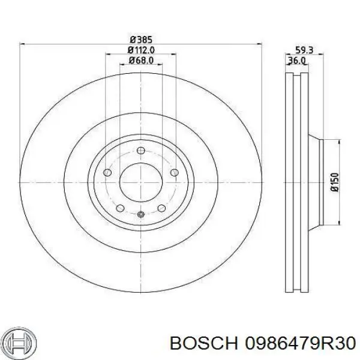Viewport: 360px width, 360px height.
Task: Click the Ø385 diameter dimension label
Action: tap(141, 40)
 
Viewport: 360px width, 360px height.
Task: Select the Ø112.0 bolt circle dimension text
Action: tap(141, 50)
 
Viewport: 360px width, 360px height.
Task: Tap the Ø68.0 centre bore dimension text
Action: tap(141, 61)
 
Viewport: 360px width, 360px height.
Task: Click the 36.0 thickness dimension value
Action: tap(296, 61)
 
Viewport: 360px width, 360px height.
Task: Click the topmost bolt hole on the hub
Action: tap(140, 151)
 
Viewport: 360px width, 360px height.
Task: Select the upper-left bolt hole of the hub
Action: tap(107, 173)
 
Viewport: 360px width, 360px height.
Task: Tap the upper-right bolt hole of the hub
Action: tap(174, 173)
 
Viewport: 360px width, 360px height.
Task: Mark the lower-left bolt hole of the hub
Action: tap(120, 209)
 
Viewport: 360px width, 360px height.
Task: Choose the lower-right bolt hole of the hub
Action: tap(161, 209)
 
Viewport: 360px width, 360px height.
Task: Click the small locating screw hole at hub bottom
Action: tap(140, 215)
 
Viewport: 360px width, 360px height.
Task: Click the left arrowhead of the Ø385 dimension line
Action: tap(23, 44)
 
